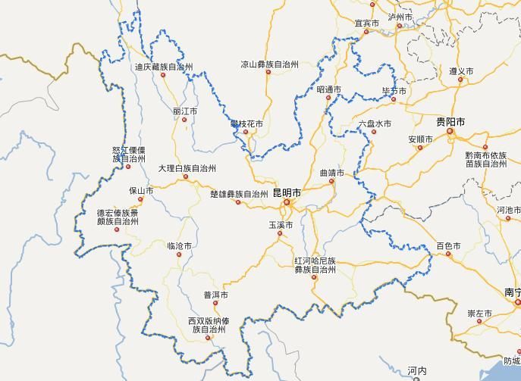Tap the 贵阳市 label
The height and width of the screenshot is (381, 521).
tap(450, 122)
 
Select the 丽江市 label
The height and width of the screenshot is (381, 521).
tap(185, 111)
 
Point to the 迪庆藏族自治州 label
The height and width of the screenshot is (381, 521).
tap(164, 67)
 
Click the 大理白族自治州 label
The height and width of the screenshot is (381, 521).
tap(187, 168)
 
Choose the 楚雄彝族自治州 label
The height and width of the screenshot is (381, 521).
tap(239, 194)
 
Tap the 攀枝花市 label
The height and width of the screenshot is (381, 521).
tap(247, 123)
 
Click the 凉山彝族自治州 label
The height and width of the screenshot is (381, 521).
tap(270, 64)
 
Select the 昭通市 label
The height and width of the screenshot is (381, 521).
tap(328, 89)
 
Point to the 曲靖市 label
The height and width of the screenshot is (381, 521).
tap(331, 173)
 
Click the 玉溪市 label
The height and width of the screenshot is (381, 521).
tap(281, 225)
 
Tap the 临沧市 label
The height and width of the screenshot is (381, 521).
tap(180, 246)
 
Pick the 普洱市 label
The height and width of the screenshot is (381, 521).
tap(215, 295)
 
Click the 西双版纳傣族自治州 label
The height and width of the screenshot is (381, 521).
tap(208, 326)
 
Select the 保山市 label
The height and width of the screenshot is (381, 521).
tap(141, 191)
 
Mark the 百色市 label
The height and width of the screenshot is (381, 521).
tap(448, 245)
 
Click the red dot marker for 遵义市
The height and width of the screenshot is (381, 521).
tap(460, 79)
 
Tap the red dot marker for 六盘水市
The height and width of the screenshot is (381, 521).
tap(374, 133)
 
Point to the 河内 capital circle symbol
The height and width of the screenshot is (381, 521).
tap(416, 379)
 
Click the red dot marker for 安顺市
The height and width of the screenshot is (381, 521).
tap(419, 148)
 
